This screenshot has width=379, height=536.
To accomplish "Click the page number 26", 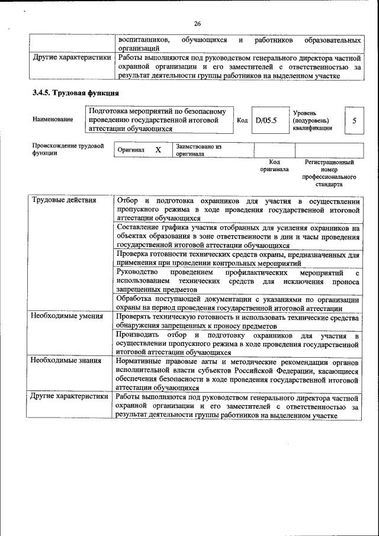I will [x=197, y=24].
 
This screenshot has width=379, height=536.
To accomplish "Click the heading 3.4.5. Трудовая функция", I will [x=75, y=93].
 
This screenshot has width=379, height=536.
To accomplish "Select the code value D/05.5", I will [x=266, y=120].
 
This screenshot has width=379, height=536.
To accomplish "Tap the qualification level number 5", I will [x=354, y=120].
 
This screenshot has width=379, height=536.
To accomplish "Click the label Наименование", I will [x=53, y=120].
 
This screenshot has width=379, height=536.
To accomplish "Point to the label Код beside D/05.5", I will [x=242, y=120].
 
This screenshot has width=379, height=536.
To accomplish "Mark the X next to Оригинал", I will [x=158, y=150].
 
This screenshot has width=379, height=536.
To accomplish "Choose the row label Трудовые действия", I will [x=63, y=200].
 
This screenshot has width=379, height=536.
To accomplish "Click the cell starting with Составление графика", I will [x=238, y=236].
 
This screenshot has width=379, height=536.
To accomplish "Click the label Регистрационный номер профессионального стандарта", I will [x=329, y=173].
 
